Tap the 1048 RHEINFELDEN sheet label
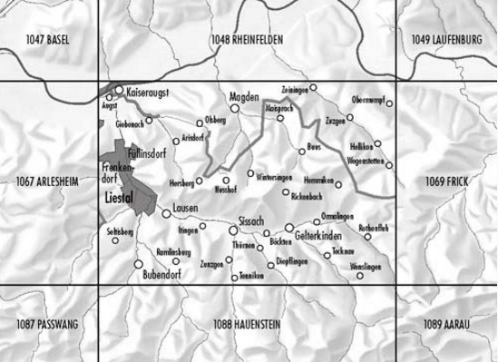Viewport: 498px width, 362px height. pyautogui.click(x=247, y=40)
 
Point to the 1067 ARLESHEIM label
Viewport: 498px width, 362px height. pyautogui.click(x=48, y=182)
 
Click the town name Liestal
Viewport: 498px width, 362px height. pyautogui.click(x=120, y=195)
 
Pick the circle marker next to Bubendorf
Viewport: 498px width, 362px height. pyautogui.click(x=139, y=264)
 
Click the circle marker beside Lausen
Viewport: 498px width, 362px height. pyautogui.click(x=165, y=214)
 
